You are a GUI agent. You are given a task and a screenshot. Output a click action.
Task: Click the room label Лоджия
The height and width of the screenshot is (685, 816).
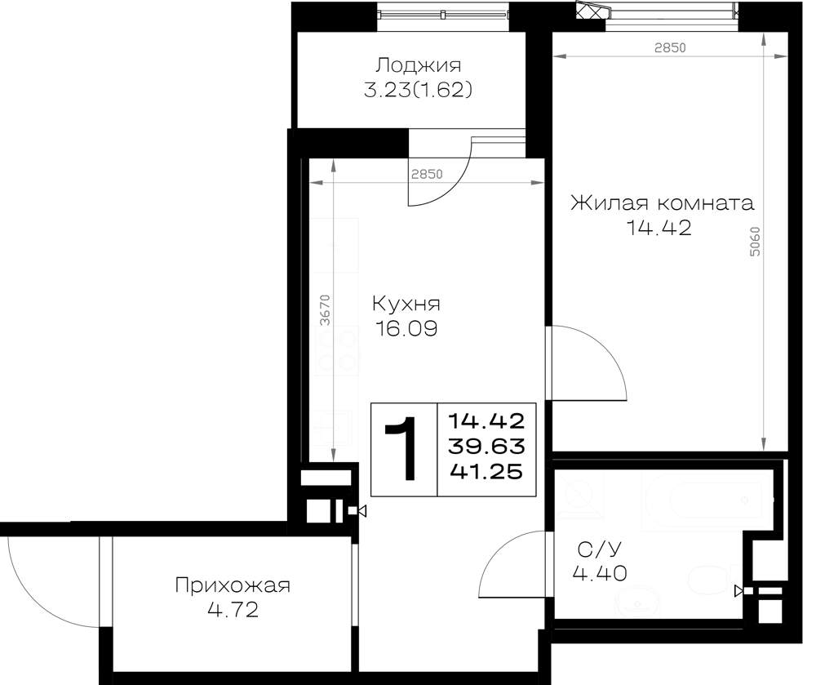419,66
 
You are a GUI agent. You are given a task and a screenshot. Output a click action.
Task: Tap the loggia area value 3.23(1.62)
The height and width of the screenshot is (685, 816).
418,91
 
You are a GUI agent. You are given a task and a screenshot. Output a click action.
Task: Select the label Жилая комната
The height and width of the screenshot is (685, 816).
662,202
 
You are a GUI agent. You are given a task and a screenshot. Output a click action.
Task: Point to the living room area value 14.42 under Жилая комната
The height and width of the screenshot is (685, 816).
659,228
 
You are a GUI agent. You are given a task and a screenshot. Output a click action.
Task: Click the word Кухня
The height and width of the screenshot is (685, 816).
406,303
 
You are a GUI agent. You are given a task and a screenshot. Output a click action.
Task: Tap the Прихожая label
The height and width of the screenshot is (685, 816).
233,585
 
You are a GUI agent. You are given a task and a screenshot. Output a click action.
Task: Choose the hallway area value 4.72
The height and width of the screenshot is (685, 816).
233,610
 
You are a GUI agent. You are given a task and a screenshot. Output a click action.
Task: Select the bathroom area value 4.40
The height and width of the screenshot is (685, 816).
600,574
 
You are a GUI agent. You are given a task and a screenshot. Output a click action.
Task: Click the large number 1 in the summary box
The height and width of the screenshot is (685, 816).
401,448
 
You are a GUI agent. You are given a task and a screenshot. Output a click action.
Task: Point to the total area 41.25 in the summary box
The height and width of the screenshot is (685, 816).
486,472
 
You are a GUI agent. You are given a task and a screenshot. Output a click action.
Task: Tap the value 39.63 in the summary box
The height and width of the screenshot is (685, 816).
486,446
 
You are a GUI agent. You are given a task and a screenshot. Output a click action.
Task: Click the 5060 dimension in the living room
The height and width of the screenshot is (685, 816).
755,241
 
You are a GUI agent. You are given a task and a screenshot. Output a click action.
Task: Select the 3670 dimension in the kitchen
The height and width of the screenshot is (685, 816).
326,310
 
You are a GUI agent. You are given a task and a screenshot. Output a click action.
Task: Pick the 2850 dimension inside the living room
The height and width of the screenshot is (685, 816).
670,48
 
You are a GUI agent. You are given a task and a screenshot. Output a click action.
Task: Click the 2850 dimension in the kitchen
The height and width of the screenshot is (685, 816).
427,174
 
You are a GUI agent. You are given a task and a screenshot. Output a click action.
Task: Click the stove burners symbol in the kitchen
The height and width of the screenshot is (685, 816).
338,349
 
